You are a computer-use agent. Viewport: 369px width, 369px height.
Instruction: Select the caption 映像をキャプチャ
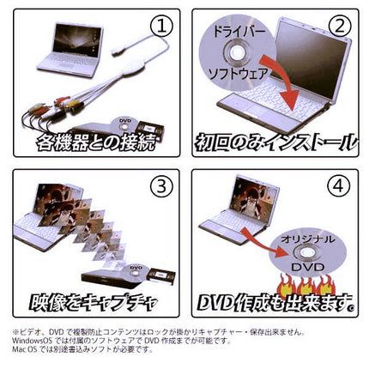point(94,300)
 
